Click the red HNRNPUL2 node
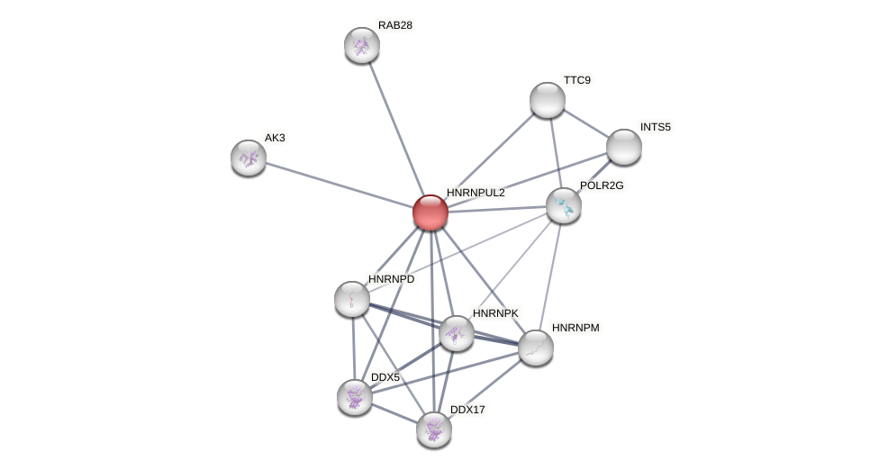pos(430,212)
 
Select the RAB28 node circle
pos(362,45)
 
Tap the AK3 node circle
pos(249,158)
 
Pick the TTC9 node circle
pos(548,100)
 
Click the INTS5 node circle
pos(624,147)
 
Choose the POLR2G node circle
pos(564,205)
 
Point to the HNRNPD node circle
pos(352,299)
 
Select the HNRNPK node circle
pos(457,333)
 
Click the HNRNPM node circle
pos(536,348)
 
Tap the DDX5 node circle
pos(355,396)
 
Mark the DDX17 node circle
pos(434,429)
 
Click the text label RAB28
pos(395,25)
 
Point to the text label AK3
pos(275,138)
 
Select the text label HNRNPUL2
pos(476,193)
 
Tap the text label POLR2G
pos(602,185)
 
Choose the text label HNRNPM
pos(575,328)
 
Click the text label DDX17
pos(467,410)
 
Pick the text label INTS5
pos(656,127)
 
